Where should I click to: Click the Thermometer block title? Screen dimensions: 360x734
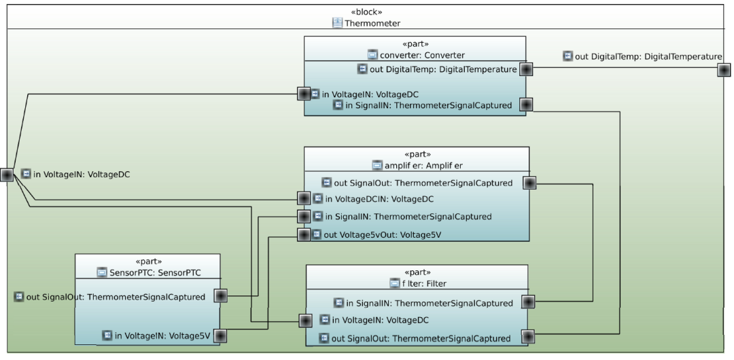(x=372, y=23)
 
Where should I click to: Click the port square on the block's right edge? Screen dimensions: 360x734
(x=724, y=69)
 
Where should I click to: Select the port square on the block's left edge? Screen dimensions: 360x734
(x=7, y=175)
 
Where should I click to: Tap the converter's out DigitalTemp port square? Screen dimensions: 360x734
(x=525, y=69)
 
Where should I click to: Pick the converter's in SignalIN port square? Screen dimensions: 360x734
(x=525, y=105)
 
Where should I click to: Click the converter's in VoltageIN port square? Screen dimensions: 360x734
(x=304, y=93)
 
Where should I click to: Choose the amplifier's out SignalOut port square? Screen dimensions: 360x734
(x=529, y=183)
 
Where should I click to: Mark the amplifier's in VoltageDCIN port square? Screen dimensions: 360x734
(x=304, y=199)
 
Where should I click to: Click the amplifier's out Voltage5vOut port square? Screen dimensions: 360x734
(x=303, y=234)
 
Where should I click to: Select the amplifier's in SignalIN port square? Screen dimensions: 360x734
(x=304, y=217)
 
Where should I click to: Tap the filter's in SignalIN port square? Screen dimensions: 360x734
(x=527, y=302)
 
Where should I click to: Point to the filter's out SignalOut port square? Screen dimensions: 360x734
(x=527, y=336)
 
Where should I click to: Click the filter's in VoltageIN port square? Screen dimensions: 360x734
(x=307, y=320)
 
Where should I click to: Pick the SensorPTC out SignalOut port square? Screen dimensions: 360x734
(x=220, y=296)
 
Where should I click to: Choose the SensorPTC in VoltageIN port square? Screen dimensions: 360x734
(x=220, y=336)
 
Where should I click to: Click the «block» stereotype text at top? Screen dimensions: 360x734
(x=366, y=12)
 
